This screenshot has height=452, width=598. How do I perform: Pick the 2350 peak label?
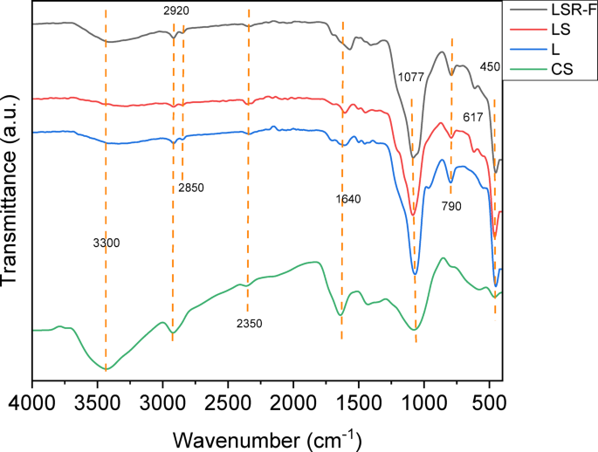coord(250,324)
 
